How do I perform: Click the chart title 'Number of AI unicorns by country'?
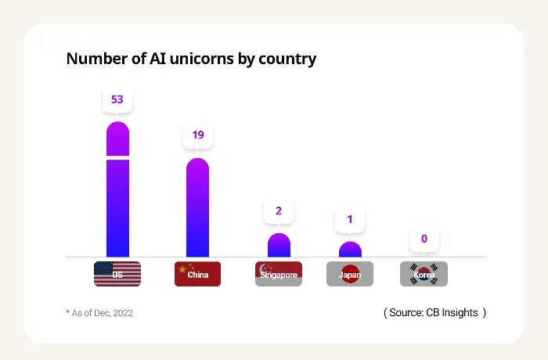tap(191, 59)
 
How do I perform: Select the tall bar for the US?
tap(117, 207)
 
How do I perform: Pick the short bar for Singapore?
tap(279, 246)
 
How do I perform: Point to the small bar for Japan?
tap(350, 250)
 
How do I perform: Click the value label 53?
tap(117, 100)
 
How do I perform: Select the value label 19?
tap(198, 135)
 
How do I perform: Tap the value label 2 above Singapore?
tap(279, 211)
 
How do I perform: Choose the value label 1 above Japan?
tap(350, 219)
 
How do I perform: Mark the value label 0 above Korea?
tap(424, 239)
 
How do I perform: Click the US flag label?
tap(117, 274)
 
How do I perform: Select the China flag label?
tap(197, 274)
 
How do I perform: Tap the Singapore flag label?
tap(279, 274)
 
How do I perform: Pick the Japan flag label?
tap(350, 274)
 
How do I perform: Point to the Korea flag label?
tap(424, 274)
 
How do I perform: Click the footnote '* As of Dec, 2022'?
tap(99, 313)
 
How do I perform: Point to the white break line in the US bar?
tap(117, 158)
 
